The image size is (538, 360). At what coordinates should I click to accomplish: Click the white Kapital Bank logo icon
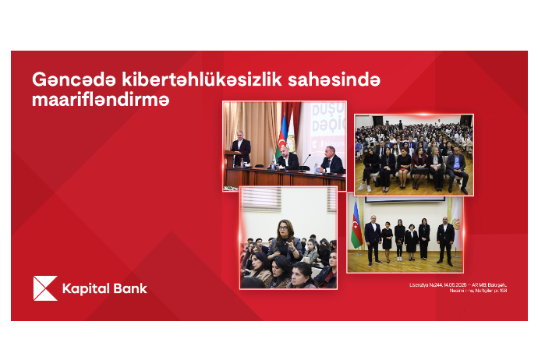click(x=44, y=288)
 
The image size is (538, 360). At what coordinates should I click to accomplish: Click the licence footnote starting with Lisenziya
click(x=458, y=288)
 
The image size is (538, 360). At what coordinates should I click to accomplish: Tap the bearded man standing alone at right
click(x=445, y=238)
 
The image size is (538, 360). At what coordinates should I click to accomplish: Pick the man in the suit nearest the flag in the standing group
click(x=373, y=237)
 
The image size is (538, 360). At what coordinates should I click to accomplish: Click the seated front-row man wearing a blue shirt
click(x=456, y=168)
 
